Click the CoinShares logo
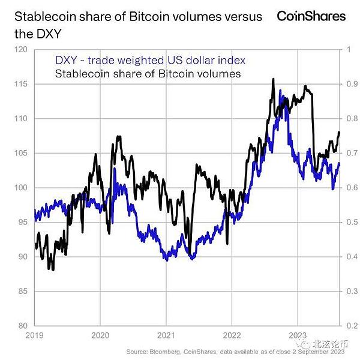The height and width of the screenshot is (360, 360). [311, 16]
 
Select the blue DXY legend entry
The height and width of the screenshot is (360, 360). [150, 61]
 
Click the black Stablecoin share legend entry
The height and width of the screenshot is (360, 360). [148, 74]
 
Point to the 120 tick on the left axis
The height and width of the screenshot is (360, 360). [23, 50]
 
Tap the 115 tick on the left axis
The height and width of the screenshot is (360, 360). [23, 85]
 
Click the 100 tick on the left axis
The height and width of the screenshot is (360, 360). [23, 188]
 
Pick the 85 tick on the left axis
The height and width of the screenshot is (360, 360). [23, 291]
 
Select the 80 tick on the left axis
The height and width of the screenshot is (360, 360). [23, 326]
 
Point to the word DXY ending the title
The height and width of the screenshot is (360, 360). [42, 35]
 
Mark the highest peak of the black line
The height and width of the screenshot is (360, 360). [274, 79]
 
